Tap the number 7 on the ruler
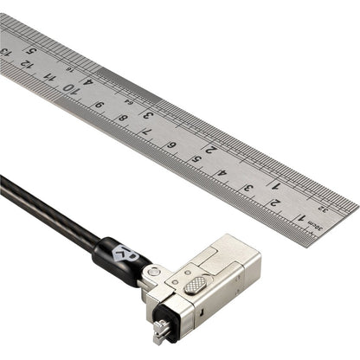pos(146,132)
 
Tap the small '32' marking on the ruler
pos(323,208)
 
